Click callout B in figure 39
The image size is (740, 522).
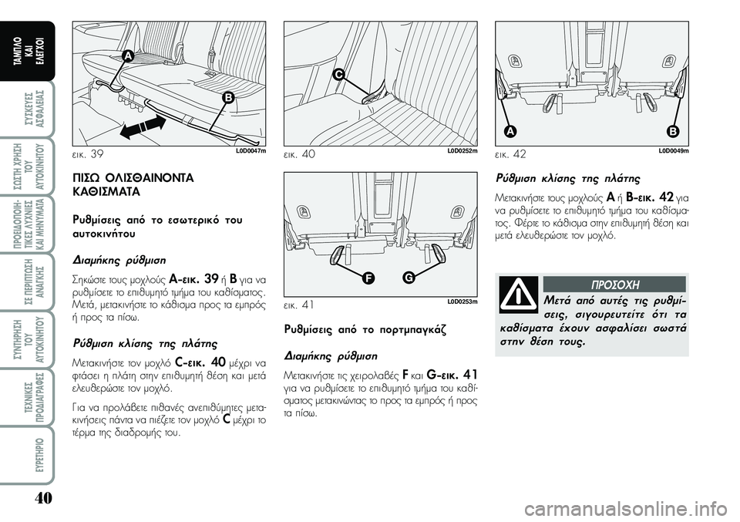pos(228,98)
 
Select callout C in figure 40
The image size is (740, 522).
pos(338,74)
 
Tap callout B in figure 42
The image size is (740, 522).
pos(672,131)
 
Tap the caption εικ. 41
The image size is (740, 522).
pos(300,305)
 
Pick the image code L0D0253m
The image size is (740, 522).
pos(461,301)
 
